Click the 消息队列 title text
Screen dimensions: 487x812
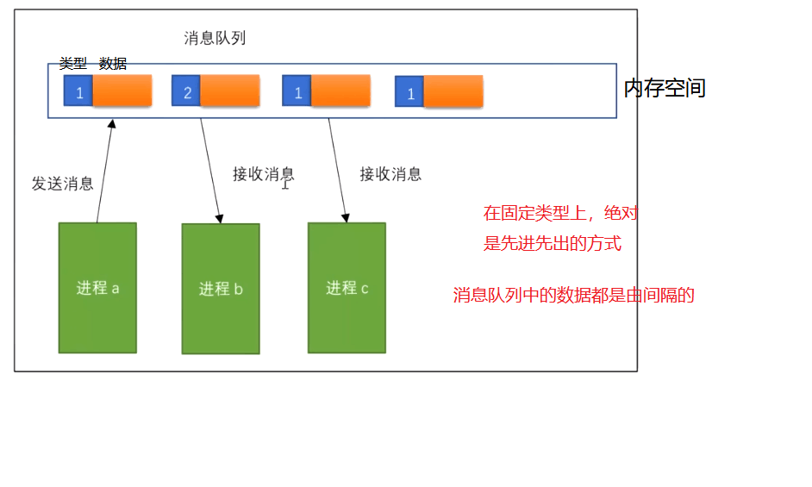(215, 38)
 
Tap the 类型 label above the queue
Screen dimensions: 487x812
(73, 63)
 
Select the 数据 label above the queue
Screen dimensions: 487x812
(113, 63)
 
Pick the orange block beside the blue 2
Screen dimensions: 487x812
(229, 91)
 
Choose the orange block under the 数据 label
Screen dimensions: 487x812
(122, 91)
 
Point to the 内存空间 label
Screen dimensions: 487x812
(665, 88)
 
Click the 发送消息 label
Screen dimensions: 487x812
(63, 184)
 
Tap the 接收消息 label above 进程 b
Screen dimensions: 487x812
(264, 174)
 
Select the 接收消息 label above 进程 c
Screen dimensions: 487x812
(390, 174)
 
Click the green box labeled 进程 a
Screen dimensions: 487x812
(97, 288)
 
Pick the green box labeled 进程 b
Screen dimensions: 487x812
(221, 289)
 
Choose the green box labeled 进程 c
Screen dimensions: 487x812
(347, 288)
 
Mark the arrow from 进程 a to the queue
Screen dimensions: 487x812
(104, 172)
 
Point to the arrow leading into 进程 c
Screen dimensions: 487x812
(338, 170)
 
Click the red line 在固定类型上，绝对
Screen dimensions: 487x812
(561, 213)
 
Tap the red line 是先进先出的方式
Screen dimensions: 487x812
(553, 243)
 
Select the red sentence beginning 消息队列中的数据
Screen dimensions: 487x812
(574, 296)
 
